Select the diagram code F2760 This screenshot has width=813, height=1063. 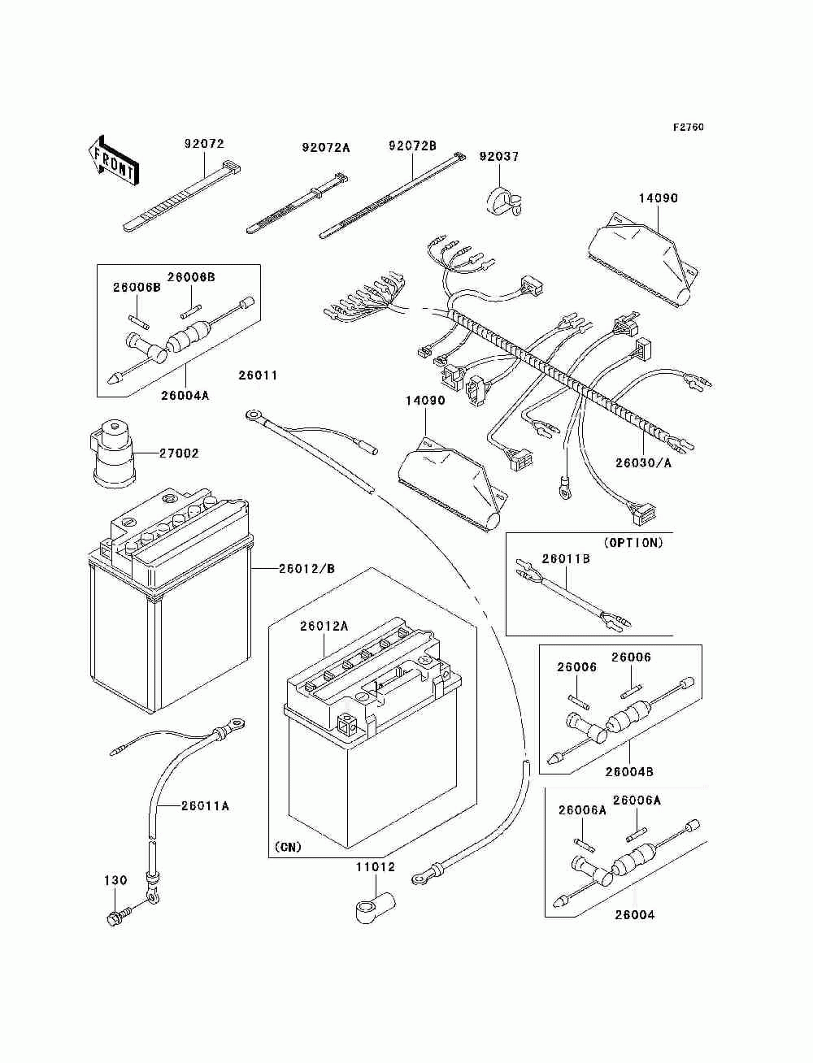[688, 128]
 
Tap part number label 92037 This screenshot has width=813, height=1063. [498, 156]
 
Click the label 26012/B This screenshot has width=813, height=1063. [307, 568]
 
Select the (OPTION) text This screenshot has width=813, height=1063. [633, 543]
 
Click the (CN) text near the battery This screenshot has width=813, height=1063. [288, 847]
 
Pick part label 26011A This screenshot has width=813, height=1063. [205, 806]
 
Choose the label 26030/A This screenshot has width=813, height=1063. [643, 463]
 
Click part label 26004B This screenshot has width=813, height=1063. [628, 771]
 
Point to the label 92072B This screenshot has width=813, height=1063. [412, 145]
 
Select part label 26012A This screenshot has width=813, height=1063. [324, 626]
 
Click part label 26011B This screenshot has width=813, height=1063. [565, 558]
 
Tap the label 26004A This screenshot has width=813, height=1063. [185, 396]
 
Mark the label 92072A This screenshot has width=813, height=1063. [325, 148]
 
